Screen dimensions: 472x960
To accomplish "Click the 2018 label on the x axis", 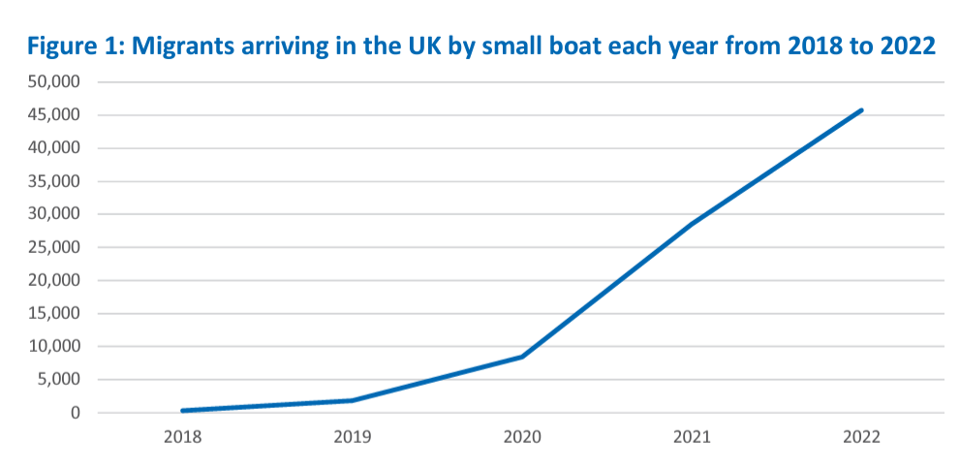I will [183, 437].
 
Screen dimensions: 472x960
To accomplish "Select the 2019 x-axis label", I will [353, 437].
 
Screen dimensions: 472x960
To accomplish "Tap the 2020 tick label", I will [522, 437].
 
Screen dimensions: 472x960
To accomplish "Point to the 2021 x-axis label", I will [692, 437].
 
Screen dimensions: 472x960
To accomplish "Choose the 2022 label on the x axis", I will [861, 437].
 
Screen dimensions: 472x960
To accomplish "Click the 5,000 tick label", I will [61, 380].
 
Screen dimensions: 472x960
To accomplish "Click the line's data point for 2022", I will [861, 110].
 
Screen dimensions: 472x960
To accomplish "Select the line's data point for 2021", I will [692, 224].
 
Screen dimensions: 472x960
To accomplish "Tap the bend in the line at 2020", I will [522, 357].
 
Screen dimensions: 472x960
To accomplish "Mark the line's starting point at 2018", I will [183, 411].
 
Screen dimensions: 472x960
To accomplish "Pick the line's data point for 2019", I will [353, 400].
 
